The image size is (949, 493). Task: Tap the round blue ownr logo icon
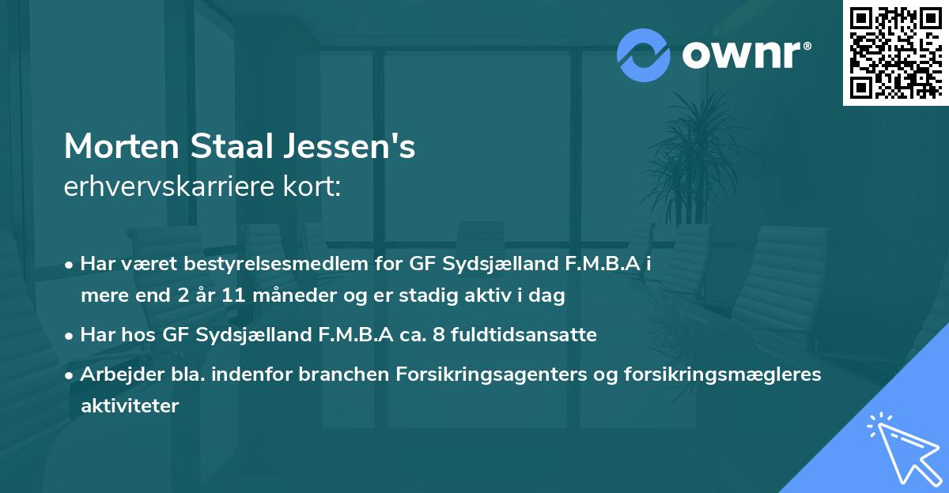click(643, 55)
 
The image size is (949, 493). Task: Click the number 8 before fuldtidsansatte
click(460, 334)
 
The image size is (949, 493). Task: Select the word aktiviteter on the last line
click(130, 406)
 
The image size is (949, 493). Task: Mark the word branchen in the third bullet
click(330, 374)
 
